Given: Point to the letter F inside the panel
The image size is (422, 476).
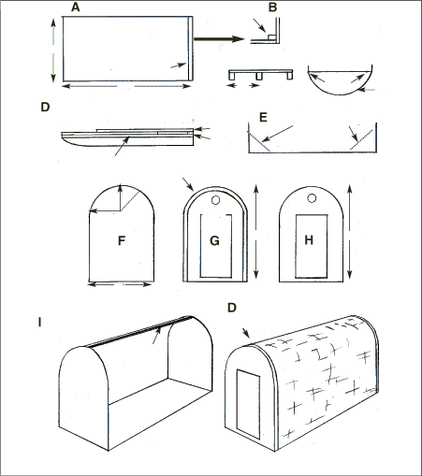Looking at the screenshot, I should tap(122, 240).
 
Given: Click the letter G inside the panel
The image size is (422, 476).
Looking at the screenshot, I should tap(214, 240).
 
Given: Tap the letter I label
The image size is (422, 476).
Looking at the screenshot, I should tap(38, 324).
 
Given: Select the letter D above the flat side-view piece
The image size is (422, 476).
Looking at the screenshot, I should tap(44, 108).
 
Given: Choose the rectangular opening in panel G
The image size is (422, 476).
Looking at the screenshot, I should tap(214, 246).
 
